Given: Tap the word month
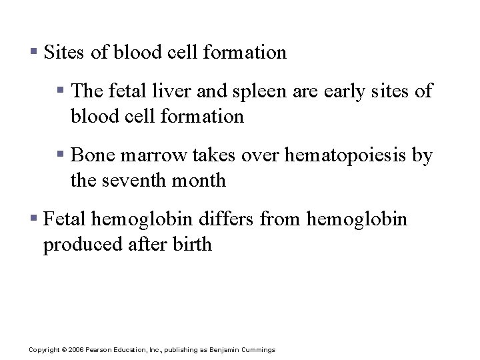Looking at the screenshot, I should click(x=203, y=180).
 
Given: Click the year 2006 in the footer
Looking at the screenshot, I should click(x=75, y=350).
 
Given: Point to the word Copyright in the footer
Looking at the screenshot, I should click(x=44, y=350).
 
